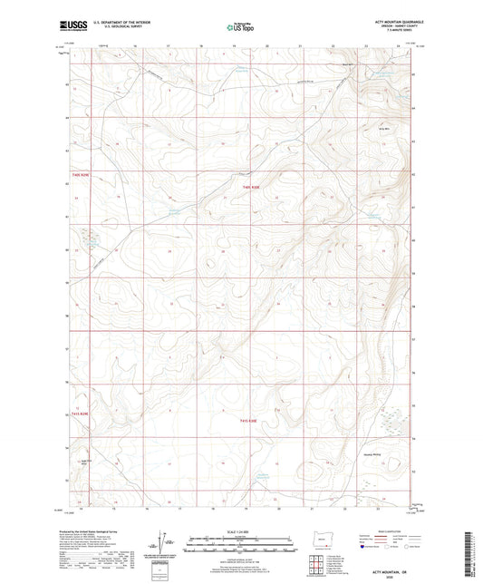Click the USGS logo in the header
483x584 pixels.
pyautogui.click(x=69, y=27)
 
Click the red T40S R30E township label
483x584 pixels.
pyautogui.click(x=251, y=187)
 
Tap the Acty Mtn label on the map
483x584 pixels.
pyautogui.click(x=383, y=128)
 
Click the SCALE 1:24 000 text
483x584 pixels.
pyautogui.click(x=241, y=531)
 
